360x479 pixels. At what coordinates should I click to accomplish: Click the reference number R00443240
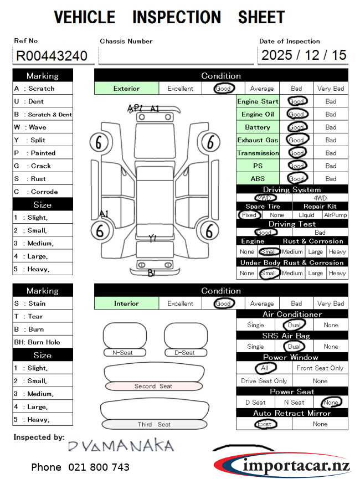point(52,55)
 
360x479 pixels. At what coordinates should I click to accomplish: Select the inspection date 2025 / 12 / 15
point(304,55)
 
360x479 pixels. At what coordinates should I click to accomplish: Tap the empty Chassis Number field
point(176,55)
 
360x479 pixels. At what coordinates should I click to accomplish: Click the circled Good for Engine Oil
point(297,114)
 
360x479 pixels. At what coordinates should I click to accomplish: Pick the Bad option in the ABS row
point(331,179)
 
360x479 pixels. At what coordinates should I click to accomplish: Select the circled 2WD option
point(264,198)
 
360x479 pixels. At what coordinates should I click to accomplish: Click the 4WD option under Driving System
point(320,198)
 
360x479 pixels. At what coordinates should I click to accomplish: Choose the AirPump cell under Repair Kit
point(335,215)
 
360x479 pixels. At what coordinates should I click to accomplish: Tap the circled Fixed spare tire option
point(249,215)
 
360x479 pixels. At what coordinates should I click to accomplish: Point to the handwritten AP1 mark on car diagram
point(135,108)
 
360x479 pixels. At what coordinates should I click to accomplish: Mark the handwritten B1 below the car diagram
point(152,272)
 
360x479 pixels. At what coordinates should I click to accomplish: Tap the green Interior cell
point(126,303)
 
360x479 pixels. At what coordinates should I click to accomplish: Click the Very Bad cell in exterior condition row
point(331,89)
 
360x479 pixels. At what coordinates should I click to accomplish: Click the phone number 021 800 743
point(80,467)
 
